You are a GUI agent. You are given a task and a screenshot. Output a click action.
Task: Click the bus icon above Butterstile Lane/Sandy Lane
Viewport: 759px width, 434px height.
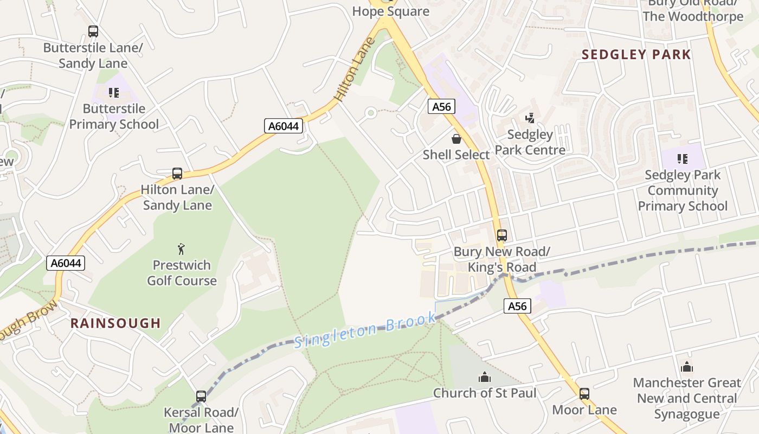pyautogui.click(x=93, y=31)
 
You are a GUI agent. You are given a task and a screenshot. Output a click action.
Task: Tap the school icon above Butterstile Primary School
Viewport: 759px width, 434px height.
pyautogui.click(x=113, y=93)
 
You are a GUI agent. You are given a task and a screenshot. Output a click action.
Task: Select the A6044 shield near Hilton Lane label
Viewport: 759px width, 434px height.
pyautogui.click(x=284, y=126)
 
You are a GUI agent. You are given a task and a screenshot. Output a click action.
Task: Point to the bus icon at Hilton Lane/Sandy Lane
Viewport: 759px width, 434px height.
pyautogui.click(x=177, y=174)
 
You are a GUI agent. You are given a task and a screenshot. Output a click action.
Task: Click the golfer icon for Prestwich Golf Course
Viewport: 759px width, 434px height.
pyautogui.click(x=181, y=249)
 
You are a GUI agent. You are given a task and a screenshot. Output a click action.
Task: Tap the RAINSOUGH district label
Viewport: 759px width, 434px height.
pyautogui.click(x=115, y=323)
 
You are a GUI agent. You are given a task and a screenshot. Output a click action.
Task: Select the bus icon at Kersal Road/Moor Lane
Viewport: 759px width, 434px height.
pyautogui.click(x=201, y=397)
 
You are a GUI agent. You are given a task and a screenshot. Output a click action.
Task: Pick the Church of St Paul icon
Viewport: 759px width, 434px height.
pyautogui.click(x=484, y=376)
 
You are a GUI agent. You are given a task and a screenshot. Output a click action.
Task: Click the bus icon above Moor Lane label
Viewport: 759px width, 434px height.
pyautogui.click(x=584, y=394)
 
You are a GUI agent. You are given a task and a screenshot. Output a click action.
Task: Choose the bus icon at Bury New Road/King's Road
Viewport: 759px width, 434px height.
pyautogui.click(x=502, y=235)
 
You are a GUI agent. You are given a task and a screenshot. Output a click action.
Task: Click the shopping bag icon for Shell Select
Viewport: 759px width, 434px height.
pyautogui.click(x=456, y=139)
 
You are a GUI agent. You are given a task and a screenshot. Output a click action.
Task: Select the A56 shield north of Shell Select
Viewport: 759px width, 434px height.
pyautogui.click(x=441, y=106)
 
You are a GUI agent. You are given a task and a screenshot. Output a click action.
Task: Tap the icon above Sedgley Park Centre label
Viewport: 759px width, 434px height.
pyautogui.click(x=530, y=118)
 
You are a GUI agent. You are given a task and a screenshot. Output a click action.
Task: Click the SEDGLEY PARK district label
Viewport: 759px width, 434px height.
pyautogui.click(x=636, y=54)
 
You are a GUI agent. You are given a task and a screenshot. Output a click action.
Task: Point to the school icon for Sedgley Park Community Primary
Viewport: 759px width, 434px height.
pyautogui.click(x=683, y=159)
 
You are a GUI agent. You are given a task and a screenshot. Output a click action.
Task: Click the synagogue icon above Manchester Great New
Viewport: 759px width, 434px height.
pyautogui.click(x=687, y=367)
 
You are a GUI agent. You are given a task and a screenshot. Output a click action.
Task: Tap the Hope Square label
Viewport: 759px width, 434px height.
pyautogui.click(x=390, y=11)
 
